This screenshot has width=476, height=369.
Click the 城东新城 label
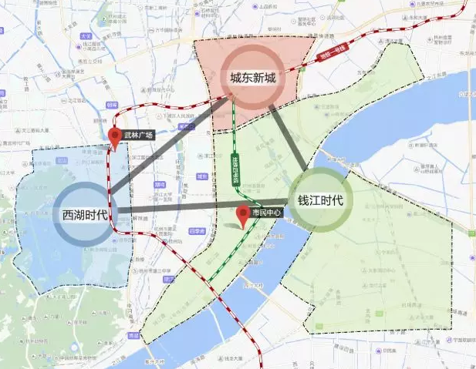(x=252, y=78)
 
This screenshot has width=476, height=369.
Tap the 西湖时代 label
(x=85, y=215)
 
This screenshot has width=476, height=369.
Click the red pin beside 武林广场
(x=116, y=138)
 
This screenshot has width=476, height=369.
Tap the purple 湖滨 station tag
(x=160, y=185)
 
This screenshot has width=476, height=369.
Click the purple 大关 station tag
(x=87, y=36)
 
